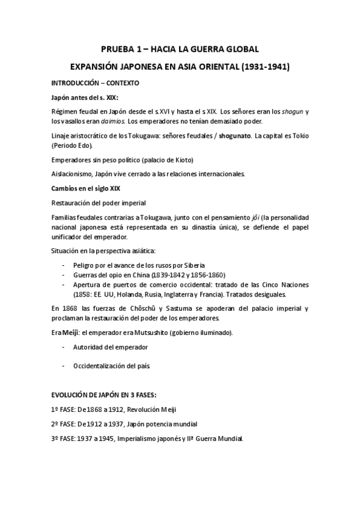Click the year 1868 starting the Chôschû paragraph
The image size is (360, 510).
[71, 308]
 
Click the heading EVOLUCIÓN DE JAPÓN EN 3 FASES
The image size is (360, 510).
[104, 395]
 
